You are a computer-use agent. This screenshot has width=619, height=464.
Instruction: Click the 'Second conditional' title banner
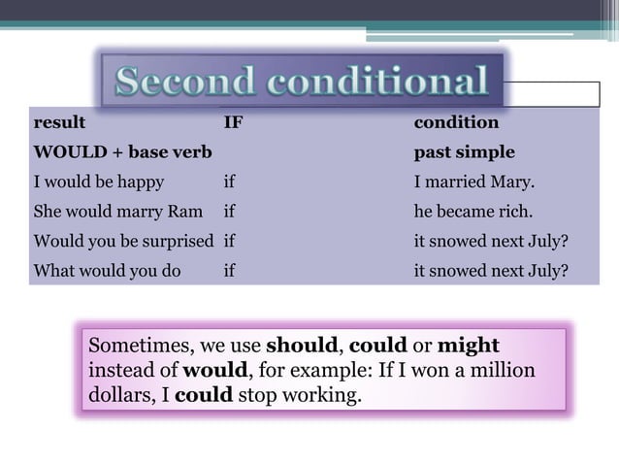(302, 82)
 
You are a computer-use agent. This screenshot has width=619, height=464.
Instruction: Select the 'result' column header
(59, 123)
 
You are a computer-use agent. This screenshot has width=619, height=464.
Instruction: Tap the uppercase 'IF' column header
(233, 123)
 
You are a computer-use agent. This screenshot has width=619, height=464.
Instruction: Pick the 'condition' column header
(456, 123)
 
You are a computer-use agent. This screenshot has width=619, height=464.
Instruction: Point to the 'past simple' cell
(464, 152)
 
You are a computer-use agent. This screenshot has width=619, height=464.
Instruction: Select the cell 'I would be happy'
(98, 182)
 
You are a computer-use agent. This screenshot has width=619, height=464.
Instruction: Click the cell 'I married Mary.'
(473, 182)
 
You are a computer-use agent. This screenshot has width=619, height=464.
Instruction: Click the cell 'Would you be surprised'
(123, 241)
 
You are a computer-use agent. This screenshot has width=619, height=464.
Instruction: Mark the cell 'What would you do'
(107, 271)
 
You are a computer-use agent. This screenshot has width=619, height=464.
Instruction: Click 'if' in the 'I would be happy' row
(229, 182)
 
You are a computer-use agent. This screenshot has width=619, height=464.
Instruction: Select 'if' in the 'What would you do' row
(229, 271)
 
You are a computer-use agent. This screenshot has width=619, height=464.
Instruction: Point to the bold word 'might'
(469, 347)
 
